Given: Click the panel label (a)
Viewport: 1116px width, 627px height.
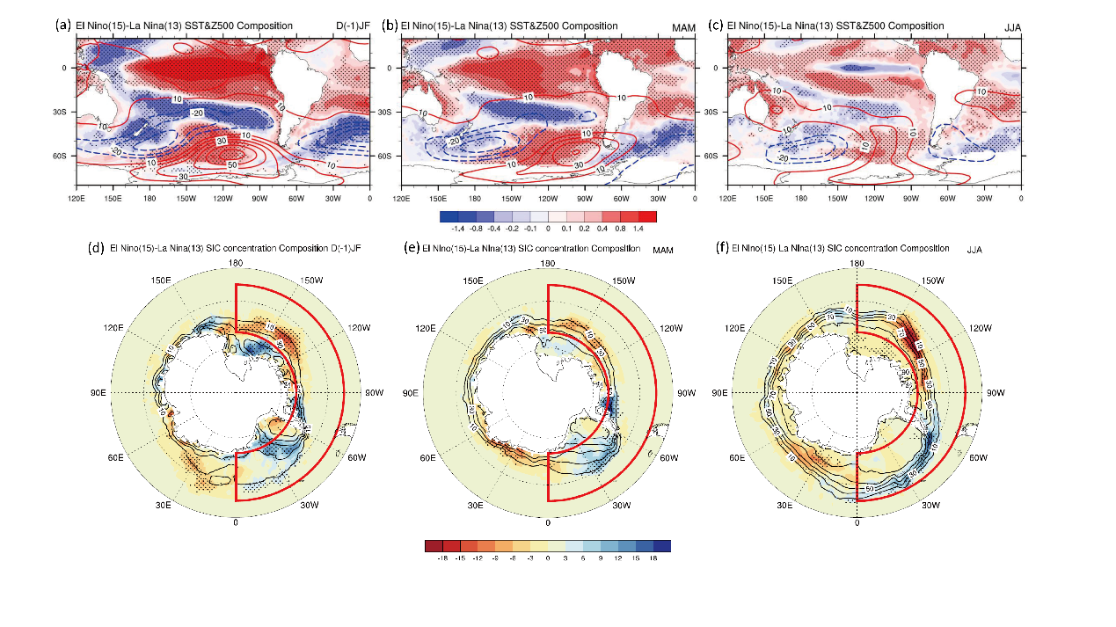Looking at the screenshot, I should click(62, 25).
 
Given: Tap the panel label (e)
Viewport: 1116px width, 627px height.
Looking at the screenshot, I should click(409, 248).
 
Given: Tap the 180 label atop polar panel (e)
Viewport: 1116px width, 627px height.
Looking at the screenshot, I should click(547, 264).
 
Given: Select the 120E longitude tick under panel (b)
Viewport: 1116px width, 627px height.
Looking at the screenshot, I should click(402, 200).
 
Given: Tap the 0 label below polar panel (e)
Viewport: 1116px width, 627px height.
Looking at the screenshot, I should click(548, 522).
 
